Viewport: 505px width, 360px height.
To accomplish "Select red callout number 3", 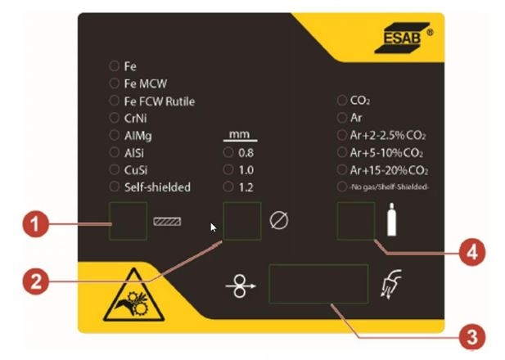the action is pyautogui.click(x=467, y=335).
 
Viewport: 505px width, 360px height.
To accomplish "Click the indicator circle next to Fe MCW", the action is pyautogui.click(x=114, y=83).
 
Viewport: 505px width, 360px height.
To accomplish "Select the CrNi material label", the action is pyautogui.click(x=135, y=118).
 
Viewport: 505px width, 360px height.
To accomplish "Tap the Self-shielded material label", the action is pyautogui.click(x=157, y=187).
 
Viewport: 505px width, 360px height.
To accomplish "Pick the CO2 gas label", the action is pyautogui.click(x=360, y=101).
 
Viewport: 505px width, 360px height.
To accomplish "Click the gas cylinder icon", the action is pyautogui.click(x=391, y=222).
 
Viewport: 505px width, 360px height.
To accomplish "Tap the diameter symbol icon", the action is pyautogui.click(x=278, y=221).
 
